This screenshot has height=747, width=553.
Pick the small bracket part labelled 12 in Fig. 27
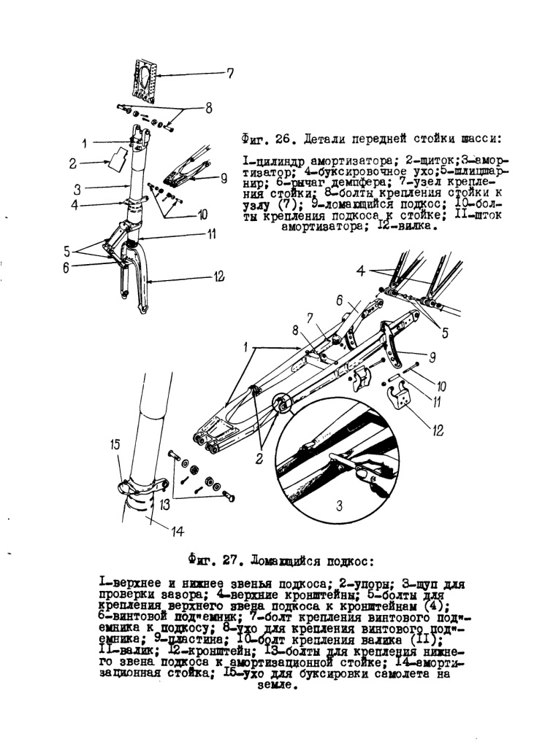tap(400, 399)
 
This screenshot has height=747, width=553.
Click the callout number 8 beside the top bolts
tap(207, 109)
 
